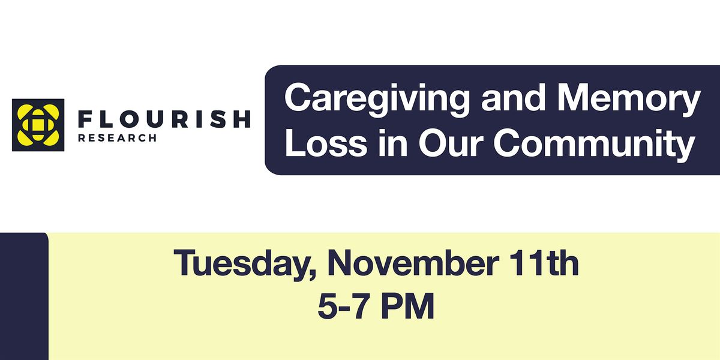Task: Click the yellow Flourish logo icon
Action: coord(38,125)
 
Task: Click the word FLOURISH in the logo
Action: coord(164,119)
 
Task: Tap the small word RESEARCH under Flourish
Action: coord(118,138)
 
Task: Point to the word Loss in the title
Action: coord(326,143)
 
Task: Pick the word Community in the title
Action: coord(595,146)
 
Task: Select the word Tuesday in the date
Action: coord(239,264)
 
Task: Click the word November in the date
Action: coord(412,263)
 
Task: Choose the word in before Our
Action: coord(393,143)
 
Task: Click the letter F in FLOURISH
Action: coord(85,119)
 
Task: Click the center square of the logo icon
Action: coord(38,125)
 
